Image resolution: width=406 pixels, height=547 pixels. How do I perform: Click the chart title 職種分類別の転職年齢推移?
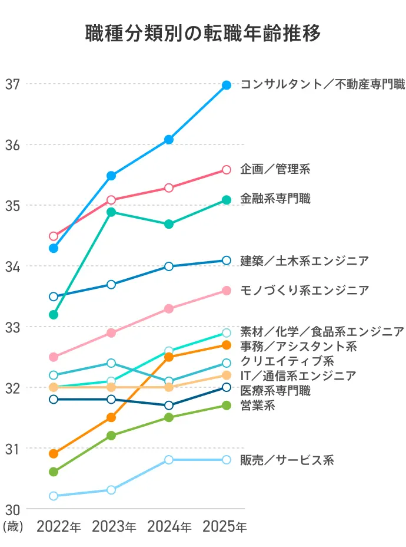click(x=203, y=34)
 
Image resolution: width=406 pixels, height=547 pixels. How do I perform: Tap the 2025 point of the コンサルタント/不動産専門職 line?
click(x=227, y=85)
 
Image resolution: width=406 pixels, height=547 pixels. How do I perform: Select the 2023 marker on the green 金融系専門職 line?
click(x=111, y=212)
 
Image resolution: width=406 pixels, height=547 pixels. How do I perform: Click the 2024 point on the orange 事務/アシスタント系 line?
click(x=169, y=357)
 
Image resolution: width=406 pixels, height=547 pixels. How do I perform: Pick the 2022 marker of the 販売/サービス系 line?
click(x=54, y=496)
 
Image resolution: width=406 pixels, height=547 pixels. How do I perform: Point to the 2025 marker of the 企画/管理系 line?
click(x=227, y=170)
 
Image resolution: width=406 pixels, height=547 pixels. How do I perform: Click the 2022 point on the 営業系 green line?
click(x=54, y=472)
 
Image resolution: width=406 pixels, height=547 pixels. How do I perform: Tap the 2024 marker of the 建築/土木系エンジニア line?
click(x=169, y=266)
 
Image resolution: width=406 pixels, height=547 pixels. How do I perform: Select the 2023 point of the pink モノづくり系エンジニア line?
click(x=111, y=333)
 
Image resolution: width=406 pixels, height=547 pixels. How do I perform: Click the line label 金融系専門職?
click(x=275, y=199)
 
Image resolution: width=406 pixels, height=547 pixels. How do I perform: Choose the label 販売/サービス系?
click(x=287, y=460)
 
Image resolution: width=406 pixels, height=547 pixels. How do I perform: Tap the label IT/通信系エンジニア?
click(x=298, y=375)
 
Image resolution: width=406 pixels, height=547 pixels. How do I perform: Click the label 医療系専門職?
click(x=275, y=390)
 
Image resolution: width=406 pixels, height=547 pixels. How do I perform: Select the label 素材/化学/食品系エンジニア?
click(x=322, y=331)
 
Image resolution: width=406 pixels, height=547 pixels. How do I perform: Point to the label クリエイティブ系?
click(x=287, y=361)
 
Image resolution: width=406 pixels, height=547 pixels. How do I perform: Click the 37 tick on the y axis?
click(x=12, y=84)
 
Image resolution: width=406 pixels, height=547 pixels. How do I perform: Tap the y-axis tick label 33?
click(x=12, y=327)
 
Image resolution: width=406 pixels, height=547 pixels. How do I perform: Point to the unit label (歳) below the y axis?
click(x=13, y=526)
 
